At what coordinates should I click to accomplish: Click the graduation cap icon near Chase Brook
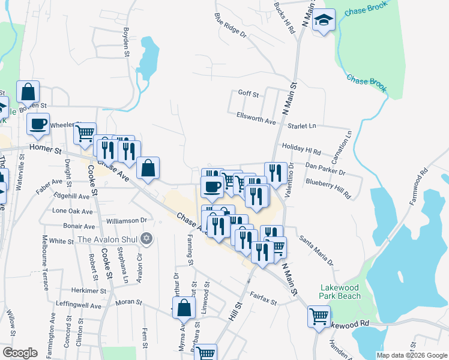pyautogui.click(x=324, y=21)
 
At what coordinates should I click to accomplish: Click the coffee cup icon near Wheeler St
pyautogui.click(x=38, y=124)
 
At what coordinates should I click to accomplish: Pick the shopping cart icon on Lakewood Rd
pyautogui.click(x=318, y=314)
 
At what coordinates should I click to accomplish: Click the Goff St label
pyautogui.click(x=248, y=94)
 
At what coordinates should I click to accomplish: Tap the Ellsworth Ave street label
pyautogui.click(x=256, y=115)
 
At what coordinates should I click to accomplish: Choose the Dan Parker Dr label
pyautogui.click(x=326, y=168)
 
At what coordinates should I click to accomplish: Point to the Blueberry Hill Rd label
pyautogui.click(x=328, y=185)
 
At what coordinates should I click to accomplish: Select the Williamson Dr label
pyautogui.click(x=127, y=221)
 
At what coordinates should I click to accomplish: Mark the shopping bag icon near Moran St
pyautogui.click(x=184, y=308)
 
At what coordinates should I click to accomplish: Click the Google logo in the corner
pyautogui.click(x=20, y=353)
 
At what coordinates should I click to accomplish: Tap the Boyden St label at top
pyautogui.click(x=126, y=42)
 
